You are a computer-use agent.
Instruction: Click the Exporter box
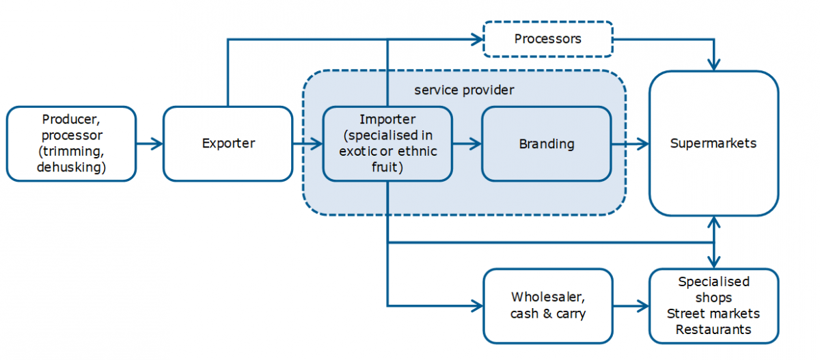pyautogui.click(x=228, y=143)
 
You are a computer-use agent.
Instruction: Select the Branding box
pyautogui.click(x=546, y=144)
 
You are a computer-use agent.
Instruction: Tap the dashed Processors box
pyautogui.click(x=547, y=39)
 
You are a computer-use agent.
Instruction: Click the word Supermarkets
pyautogui.click(x=713, y=143)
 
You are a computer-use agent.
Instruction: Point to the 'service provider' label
pyautogui.click(x=464, y=90)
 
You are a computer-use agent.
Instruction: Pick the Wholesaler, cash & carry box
pyautogui.click(x=547, y=305)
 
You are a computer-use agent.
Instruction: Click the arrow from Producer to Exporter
pyautogui.click(x=149, y=143)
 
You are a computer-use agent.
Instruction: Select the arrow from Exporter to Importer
pyautogui.click(x=307, y=143)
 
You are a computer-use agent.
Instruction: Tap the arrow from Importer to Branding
pyautogui.click(x=467, y=143)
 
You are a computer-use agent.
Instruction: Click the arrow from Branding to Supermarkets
pyautogui.click(x=629, y=143)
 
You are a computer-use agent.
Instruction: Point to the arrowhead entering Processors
pyautogui.click(x=476, y=39)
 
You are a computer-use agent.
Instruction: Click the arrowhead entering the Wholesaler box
pyautogui.click(x=476, y=305)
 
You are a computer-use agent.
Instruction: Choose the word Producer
pyautogui.click(x=70, y=119)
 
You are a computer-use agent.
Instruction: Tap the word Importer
pyautogui.click(x=387, y=120)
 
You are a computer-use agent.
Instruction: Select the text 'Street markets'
pyautogui.click(x=713, y=314)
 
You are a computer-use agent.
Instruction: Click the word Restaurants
pyautogui.click(x=713, y=329)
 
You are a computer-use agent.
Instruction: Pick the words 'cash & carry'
pyautogui.click(x=547, y=314)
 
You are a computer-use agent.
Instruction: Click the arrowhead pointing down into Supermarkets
pyautogui.click(x=713, y=64)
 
